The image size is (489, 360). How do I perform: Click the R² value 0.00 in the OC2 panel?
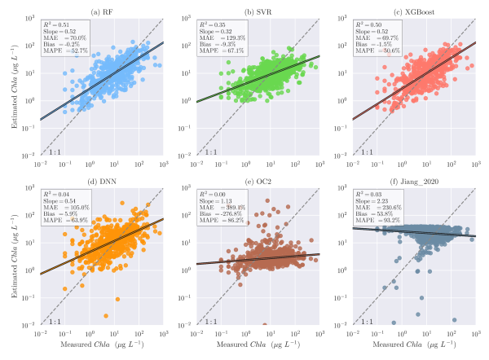[229, 197]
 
